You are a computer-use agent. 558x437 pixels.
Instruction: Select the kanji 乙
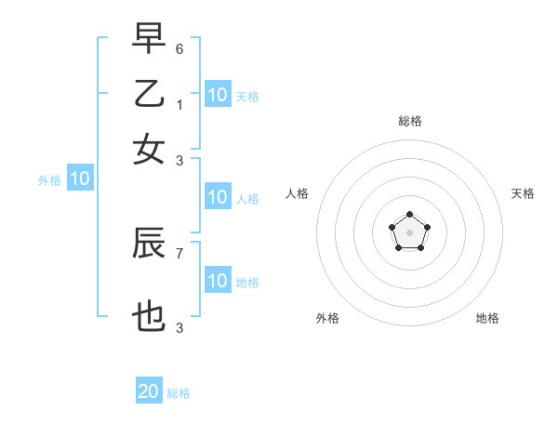click(x=149, y=94)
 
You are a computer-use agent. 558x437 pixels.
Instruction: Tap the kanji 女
click(x=149, y=150)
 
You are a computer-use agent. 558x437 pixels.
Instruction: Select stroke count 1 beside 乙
click(x=179, y=105)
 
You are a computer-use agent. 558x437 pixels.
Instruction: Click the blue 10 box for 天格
click(x=218, y=95)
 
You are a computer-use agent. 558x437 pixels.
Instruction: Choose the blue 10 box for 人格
click(x=218, y=197)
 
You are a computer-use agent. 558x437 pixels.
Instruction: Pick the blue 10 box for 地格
click(x=218, y=281)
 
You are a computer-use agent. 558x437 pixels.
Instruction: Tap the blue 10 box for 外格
click(x=80, y=179)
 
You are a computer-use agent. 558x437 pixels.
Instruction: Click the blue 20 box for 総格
click(x=149, y=391)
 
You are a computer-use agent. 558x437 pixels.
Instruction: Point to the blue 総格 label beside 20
click(x=179, y=393)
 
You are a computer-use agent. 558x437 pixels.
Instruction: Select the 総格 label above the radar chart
click(x=410, y=121)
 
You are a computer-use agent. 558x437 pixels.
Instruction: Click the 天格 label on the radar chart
click(x=523, y=193)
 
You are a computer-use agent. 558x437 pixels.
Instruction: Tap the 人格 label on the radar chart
click(x=298, y=193)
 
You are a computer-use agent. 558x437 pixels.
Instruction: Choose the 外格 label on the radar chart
click(x=327, y=318)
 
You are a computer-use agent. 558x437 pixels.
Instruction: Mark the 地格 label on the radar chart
click(x=487, y=318)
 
